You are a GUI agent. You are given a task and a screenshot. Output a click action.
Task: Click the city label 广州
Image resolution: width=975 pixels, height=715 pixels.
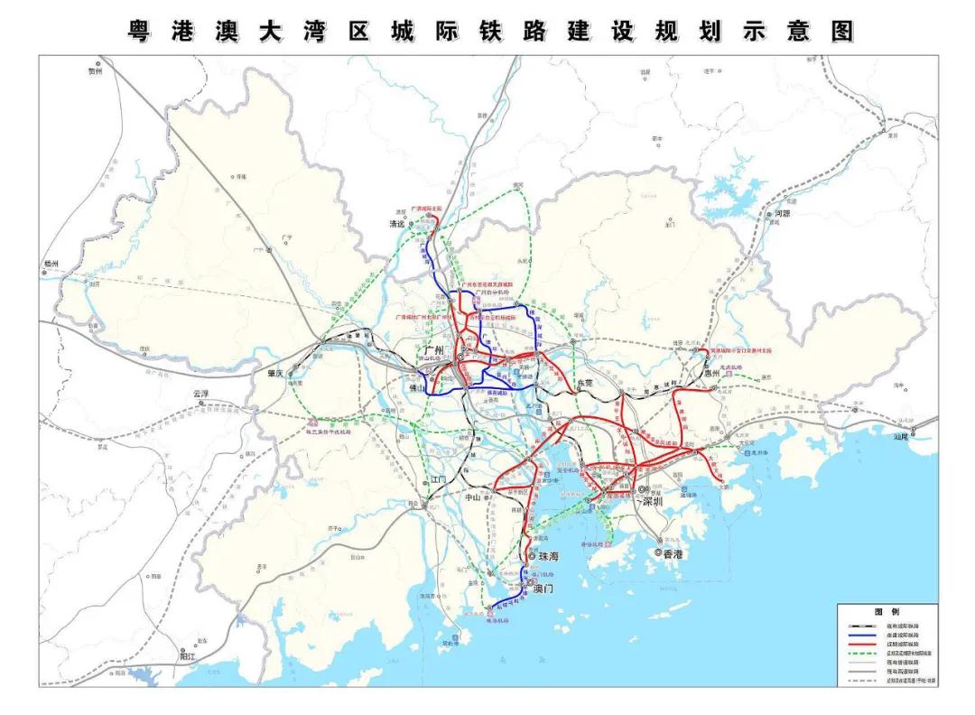point(435,350)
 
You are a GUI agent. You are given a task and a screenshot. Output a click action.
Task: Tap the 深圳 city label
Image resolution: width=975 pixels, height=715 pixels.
point(653,501)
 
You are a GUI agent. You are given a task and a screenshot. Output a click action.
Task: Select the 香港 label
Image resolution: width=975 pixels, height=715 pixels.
point(673,553)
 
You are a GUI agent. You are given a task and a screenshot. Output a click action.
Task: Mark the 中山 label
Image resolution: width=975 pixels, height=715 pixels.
point(471,496)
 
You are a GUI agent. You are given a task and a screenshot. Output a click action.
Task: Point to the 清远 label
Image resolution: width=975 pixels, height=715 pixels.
point(395,224)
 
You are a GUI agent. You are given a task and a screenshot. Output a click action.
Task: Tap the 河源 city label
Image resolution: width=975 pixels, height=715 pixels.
point(782,214)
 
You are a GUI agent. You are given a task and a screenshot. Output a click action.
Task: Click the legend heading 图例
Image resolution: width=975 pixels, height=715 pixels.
point(887,612)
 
